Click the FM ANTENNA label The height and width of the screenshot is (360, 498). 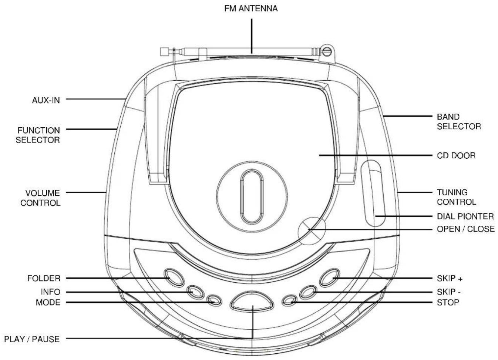click(251, 9)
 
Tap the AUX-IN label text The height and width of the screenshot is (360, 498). click(46, 100)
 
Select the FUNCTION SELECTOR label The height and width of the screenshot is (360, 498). click(38, 135)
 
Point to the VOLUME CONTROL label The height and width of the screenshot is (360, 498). click(40, 198)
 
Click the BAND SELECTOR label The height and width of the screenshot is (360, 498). click(459, 122)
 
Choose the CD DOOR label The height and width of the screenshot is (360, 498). click(456, 155)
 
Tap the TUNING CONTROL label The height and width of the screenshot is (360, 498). click(457, 197)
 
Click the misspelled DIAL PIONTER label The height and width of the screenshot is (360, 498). click(465, 216)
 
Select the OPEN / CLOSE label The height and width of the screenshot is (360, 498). click(466, 229)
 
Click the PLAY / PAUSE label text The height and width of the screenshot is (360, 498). click(32, 339)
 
